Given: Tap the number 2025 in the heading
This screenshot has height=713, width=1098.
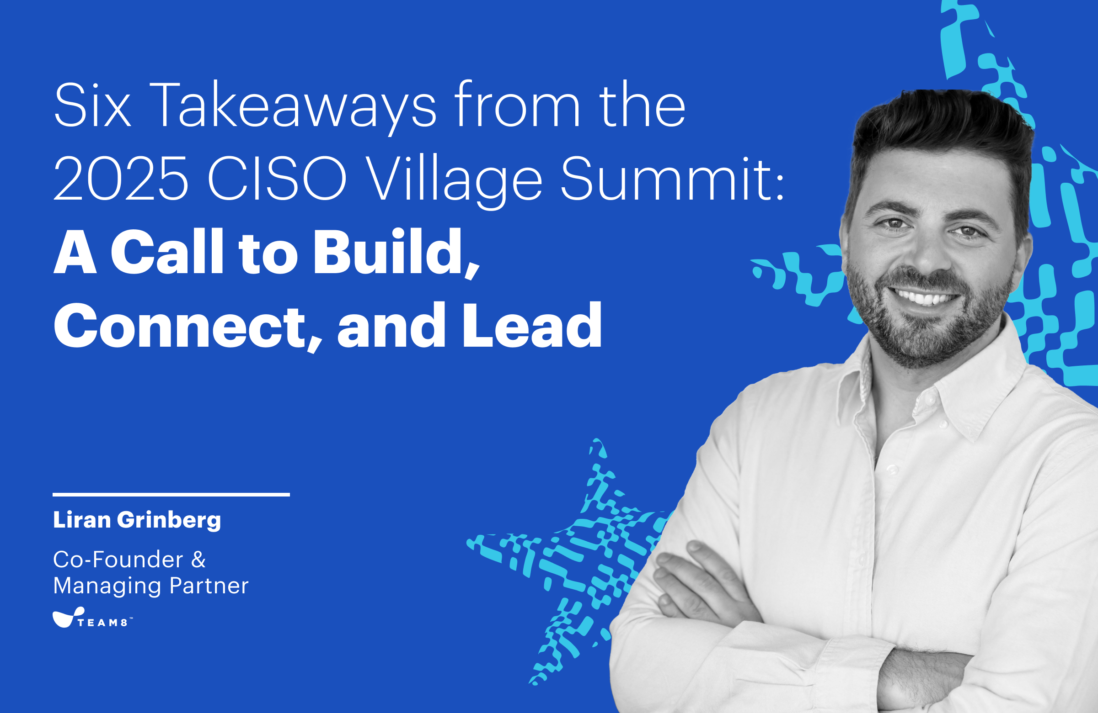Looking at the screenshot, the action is tap(121, 179).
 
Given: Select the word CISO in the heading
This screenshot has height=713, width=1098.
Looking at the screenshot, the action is tap(277, 179).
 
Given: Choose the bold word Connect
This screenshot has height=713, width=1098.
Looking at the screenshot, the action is tap(187, 326).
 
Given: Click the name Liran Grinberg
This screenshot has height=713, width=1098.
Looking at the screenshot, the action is tap(137, 520).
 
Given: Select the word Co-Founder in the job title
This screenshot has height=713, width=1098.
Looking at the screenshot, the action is tap(118, 560).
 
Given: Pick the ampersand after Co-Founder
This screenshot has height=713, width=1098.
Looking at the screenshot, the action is tap(198, 560).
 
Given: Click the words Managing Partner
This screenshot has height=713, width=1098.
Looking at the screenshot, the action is tap(151, 586).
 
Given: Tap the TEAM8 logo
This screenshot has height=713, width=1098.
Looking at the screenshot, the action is tap(92, 618).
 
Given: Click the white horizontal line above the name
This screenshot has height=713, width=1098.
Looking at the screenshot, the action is tap(171, 495).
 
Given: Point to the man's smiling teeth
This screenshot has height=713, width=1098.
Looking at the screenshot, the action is tap(924, 296).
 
